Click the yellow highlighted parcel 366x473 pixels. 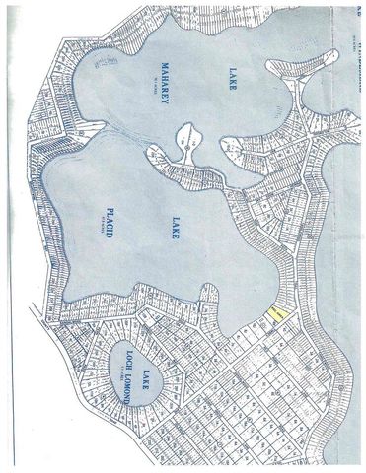[277, 314]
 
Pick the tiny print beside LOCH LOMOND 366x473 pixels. [115, 369]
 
